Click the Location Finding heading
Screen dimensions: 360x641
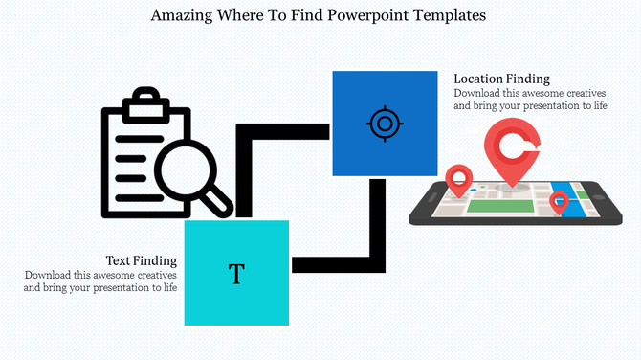tap(501, 79)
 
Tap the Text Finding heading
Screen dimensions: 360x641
tap(141, 260)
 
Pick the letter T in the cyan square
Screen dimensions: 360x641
tap(236, 275)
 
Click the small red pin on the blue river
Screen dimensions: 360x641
tap(559, 201)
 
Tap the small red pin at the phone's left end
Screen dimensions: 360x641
tap(460, 178)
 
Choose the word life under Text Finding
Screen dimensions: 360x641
tap(168, 287)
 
